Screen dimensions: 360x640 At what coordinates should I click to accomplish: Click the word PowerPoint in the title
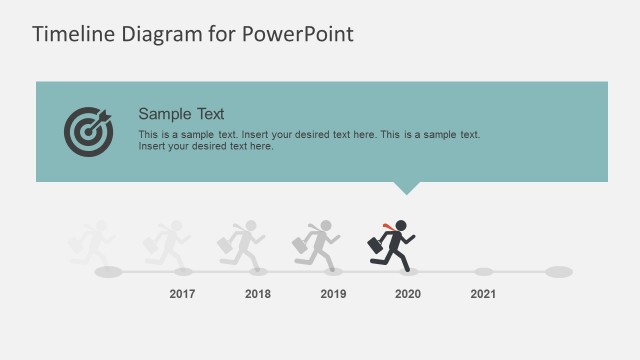pyautogui.click(x=297, y=34)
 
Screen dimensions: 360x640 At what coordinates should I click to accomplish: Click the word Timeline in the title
pyautogui.click(x=69, y=34)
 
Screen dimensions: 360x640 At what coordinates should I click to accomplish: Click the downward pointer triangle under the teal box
pyautogui.click(x=405, y=187)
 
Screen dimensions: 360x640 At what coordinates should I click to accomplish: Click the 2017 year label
pyautogui.click(x=182, y=294)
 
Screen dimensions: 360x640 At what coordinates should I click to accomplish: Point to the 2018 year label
pyautogui.click(x=258, y=294)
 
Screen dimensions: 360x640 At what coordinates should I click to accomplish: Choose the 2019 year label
pyautogui.click(x=333, y=294)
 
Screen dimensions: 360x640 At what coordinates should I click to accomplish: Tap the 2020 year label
pyautogui.click(x=408, y=294)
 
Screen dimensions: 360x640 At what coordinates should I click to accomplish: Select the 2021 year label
pyautogui.click(x=483, y=294)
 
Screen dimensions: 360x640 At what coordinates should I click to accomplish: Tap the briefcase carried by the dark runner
pyautogui.click(x=374, y=245)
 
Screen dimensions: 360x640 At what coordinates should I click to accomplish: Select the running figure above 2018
pyautogui.click(x=242, y=244)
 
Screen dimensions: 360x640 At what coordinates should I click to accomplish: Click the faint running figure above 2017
pyautogui.click(x=167, y=244)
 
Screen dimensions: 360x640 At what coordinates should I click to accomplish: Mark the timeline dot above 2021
pyautogui.click(x=483, y=271)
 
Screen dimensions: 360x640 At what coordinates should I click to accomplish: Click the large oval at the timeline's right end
pyautogui.click(x=559, y=271)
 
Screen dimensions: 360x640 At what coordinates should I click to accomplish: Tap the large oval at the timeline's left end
pyautogui.click(x=107, y=271)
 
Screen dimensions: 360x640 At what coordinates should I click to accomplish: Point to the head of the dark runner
pyautogui.click(x=401, y=225)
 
